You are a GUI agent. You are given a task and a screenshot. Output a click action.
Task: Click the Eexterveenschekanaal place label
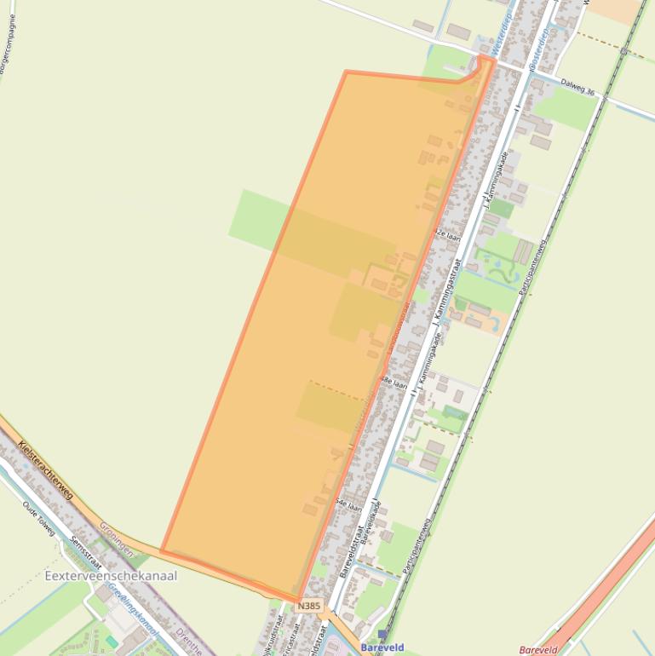coord(111,576)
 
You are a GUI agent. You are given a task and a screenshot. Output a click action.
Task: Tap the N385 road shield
coord(310,606)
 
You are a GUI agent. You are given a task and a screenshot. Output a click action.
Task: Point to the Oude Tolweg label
coord(38,518)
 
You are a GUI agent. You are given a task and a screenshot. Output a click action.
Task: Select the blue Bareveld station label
coord(382,647)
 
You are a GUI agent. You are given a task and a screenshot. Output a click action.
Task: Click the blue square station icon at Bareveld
coord(382,635)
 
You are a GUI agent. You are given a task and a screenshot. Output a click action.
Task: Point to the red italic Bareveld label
coord(538,650)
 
